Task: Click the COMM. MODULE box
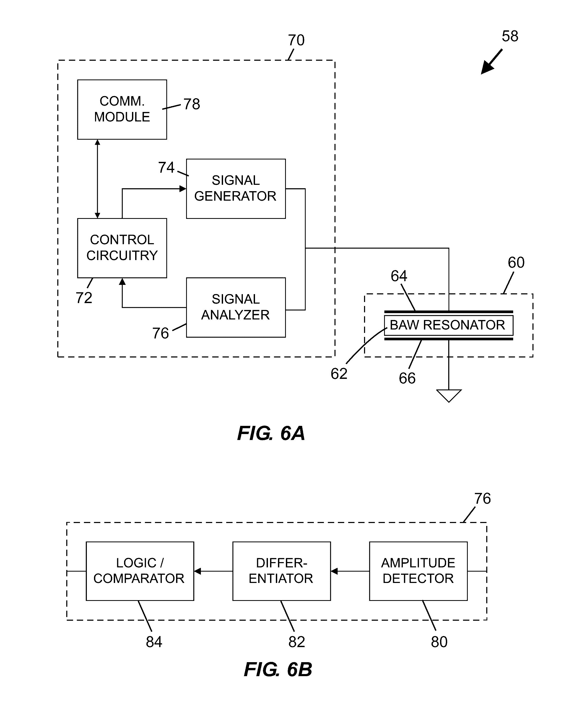point(122,110)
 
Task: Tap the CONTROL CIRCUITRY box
point(122,248)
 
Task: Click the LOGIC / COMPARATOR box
point(140,571)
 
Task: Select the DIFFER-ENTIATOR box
point(281,571)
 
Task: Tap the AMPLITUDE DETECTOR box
point(418,571)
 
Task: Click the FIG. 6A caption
point(271,433)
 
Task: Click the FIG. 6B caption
point(278,669)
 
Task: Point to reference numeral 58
point(510,36)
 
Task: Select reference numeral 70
point(296,40)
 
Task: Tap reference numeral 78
point(192,104)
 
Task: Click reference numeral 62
point(339,374)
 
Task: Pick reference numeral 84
point(154,642)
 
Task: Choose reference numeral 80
point(439,642)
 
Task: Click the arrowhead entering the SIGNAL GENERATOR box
point(183,189)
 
